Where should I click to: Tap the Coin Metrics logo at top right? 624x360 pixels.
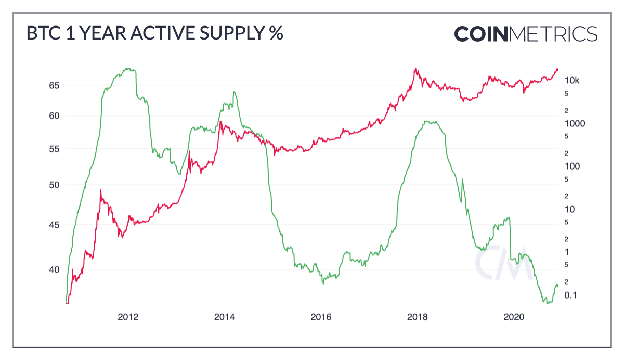526,34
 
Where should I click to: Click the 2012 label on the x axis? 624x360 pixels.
128,317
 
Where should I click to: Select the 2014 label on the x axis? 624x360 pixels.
225,317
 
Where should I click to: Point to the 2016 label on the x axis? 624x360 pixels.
321,317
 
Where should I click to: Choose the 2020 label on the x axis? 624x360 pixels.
514,317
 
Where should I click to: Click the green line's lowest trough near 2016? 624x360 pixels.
323,283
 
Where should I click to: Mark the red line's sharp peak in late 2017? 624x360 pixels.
415,68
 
